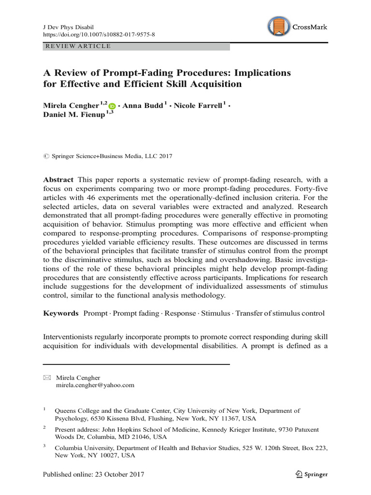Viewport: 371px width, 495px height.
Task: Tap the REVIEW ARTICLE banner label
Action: tap(77, 46)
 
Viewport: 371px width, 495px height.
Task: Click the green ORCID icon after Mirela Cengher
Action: tap(113, 106)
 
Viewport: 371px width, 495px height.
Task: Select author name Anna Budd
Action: tap(143, 106)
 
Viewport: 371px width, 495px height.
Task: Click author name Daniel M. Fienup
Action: tap(73, 116)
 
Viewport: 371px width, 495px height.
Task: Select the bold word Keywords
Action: tap(61, 313)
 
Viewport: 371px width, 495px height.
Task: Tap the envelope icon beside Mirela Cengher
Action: tap(46, 378)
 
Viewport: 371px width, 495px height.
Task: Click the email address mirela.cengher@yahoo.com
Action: tap(95, 385)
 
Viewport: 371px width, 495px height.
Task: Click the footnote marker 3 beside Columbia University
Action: tap(44, 446)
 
